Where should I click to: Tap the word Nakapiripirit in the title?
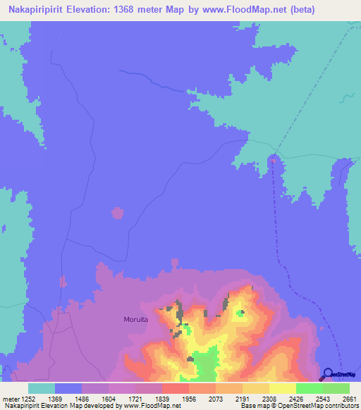(36, 10)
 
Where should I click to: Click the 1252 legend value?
(25, 397)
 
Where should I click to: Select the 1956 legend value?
(188, 397)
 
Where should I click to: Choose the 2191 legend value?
(242, 397)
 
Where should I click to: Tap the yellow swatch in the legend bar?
(282, 388)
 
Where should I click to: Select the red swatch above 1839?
(175, 388)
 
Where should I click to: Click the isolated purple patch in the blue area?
(118, 212)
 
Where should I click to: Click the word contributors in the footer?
(338, 406)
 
